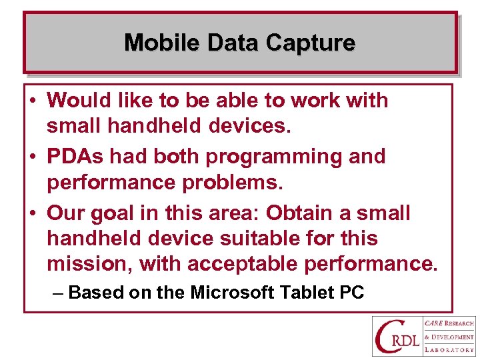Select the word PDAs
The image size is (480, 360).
tap(75, 157)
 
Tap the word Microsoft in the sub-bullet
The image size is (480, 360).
tap(233, 293)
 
